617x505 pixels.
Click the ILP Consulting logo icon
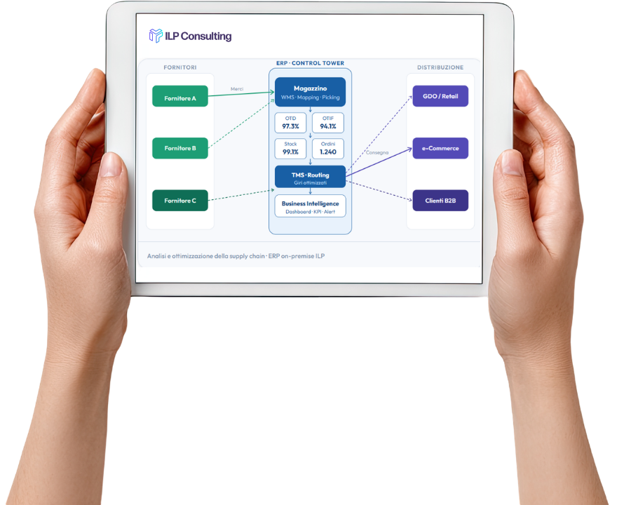[156, 36]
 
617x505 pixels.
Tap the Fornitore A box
[180, 96]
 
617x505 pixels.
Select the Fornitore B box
[180, 148]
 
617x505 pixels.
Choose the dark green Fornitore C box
[180, 201]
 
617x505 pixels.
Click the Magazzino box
[310, 92]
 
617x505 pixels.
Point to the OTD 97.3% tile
[290, 123]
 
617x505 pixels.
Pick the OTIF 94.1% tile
[328, 123]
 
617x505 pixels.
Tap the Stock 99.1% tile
[290, 149]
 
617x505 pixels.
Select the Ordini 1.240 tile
[328, 149]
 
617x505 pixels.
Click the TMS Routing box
[310, 176]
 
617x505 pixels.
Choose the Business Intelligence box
[310, 206]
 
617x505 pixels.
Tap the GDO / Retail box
[440, 96]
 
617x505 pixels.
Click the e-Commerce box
[440, 148]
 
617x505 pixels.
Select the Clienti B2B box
[440, 201]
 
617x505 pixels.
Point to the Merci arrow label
[237, 89]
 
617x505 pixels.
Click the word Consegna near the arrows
[377, 152]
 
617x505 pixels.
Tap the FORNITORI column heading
[180, 67]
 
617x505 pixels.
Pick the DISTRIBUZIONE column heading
[440, 67]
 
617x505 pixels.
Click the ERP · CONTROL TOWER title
[310, 63]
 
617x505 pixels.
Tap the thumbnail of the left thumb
[111, 165]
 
